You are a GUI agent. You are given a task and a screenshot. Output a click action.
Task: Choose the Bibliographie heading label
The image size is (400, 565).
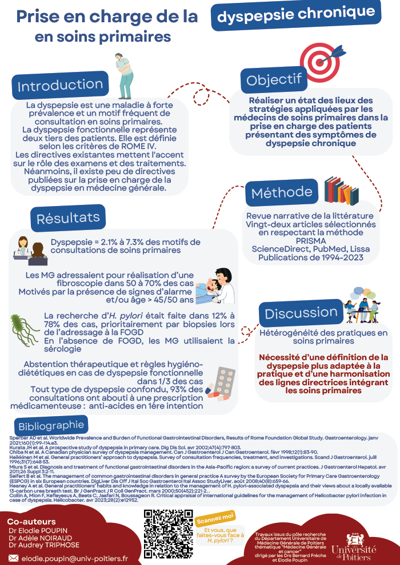point(51,426)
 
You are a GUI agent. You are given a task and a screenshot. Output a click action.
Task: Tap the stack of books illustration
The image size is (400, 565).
point(341,191)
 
